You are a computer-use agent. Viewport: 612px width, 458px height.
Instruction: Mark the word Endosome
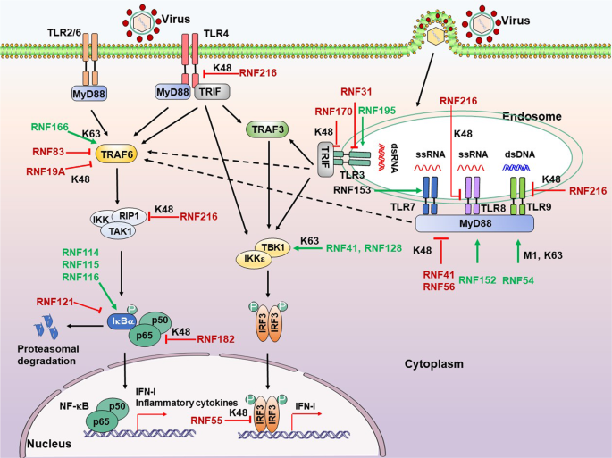531,117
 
